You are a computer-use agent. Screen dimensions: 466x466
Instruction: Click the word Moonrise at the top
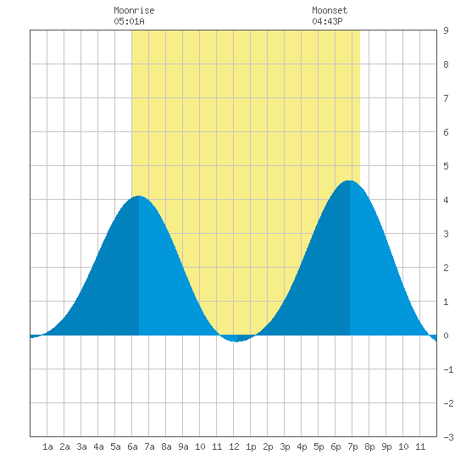pyautogui.click(x=134, y=10)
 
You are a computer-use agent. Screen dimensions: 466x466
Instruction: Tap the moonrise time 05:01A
pyautogui.click(x=129, y=21)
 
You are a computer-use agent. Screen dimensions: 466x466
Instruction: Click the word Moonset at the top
pyautogui.click(x=330, y=10)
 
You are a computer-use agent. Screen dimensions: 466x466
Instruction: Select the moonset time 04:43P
pyautogui.click(x=327, y=21)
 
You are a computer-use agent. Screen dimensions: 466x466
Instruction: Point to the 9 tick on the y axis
pyautogui.click(x=446, y=31)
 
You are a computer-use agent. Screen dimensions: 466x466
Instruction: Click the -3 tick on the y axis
pyautogui.click(x=448, y=437)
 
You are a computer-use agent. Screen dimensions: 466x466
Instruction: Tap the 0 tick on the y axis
pyautogui.click(x=446, y=336)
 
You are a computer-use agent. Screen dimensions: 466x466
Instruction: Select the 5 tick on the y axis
pyautogui.click(x=446, y=166)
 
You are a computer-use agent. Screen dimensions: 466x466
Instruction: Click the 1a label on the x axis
pyautogui.click(x=47, y=447)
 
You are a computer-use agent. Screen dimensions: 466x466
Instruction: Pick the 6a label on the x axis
pyautogui.click(x=132, y=447)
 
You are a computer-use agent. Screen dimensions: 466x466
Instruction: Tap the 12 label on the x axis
pyautogui.click(x=234, y=447)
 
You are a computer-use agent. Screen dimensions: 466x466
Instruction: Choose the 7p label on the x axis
pyautogui.click(x=352, y=447)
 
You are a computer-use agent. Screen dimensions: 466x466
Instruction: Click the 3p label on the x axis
pyautogui.click(x=285, y=447)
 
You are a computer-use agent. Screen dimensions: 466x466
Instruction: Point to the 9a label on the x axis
pyautogui.click(x=183, y=447)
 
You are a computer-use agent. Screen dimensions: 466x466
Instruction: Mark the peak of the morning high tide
pyautogui.click(x=138, y=197)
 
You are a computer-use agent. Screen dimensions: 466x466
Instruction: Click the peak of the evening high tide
pyautogui.click(x=349, y=180)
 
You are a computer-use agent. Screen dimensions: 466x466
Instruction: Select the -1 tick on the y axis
pyautogui.click(x=448, y=369)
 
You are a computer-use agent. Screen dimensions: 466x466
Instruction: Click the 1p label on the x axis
pyautogui.click(x=251, y=447)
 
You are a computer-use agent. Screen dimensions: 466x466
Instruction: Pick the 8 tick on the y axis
pyautogui.click(x=446, y=64)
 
